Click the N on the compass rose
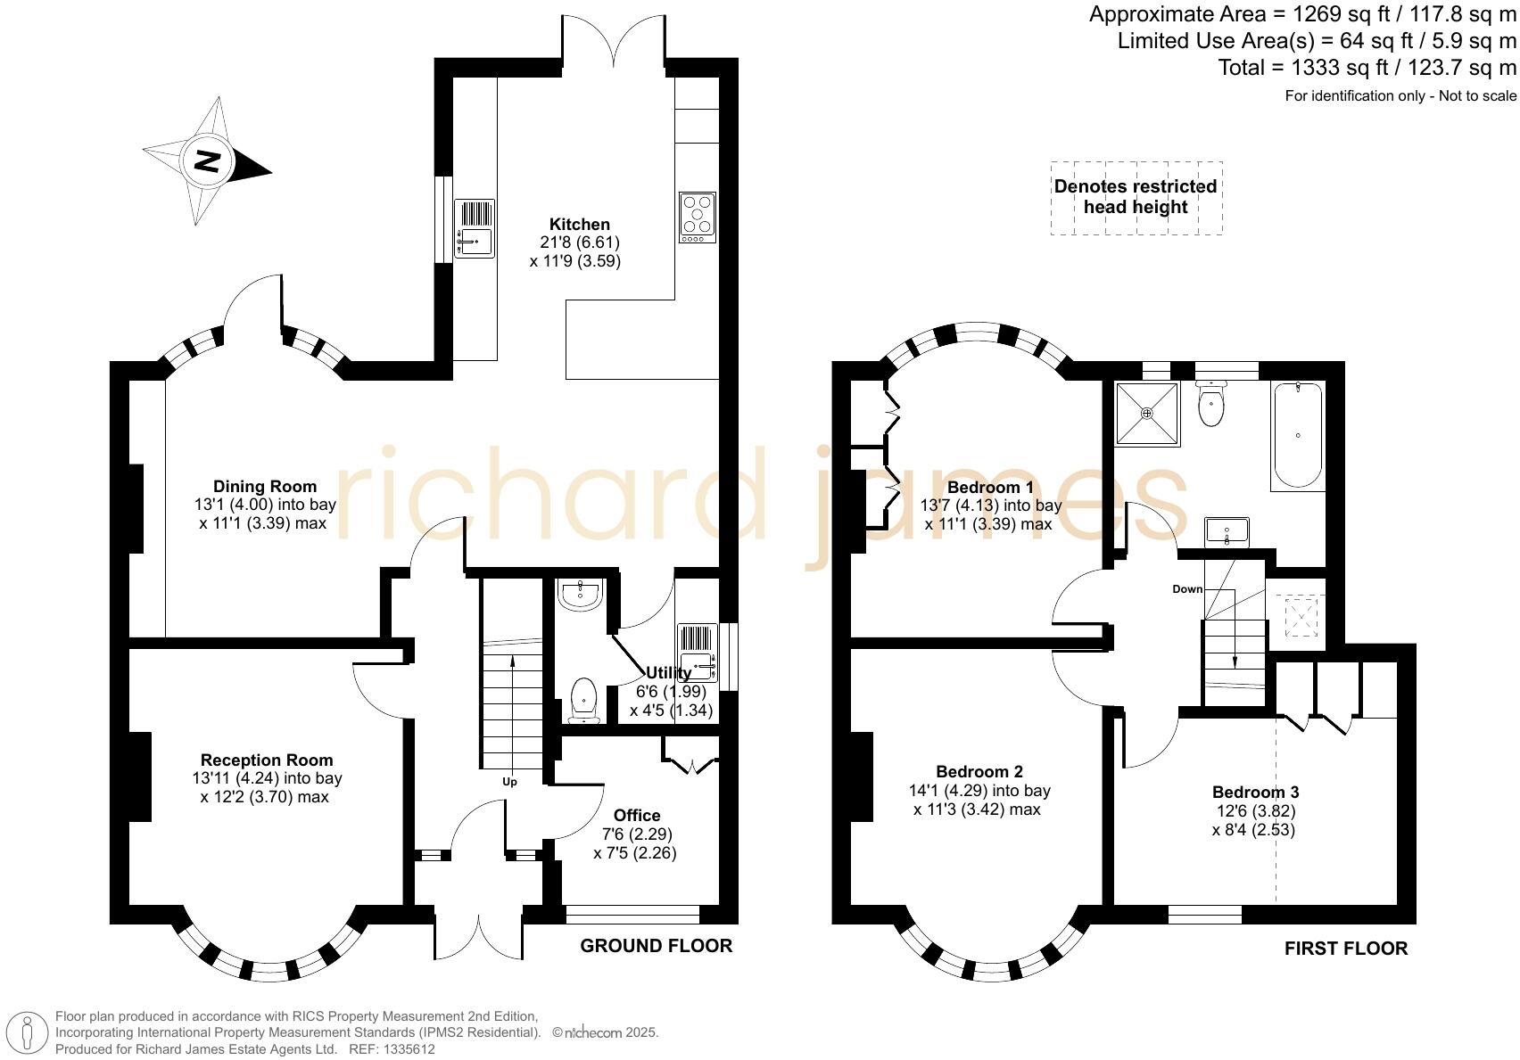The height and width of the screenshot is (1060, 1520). pos(208,161)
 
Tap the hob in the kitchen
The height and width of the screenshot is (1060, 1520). pos(698,218)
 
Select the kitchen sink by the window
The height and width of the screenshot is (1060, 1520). pos(475,228)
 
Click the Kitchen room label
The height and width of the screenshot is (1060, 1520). pos(580,225)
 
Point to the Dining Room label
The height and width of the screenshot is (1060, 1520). pos(265,486)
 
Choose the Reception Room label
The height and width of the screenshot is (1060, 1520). pos(267,760)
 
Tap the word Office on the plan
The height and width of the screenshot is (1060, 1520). pos(637,815)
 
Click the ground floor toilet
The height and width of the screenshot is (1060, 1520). pos(583,700)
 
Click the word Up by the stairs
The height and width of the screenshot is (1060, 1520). pos(509,782)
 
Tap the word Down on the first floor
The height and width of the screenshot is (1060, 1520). pos(1187,589)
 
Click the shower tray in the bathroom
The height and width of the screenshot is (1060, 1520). pos(1147,413)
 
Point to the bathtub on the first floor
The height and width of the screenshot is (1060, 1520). pos(1297,435)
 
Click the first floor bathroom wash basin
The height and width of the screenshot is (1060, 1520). pos(1227,531)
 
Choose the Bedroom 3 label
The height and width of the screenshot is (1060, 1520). pos(1255,793)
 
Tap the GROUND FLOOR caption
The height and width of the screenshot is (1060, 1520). pos(657,946)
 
